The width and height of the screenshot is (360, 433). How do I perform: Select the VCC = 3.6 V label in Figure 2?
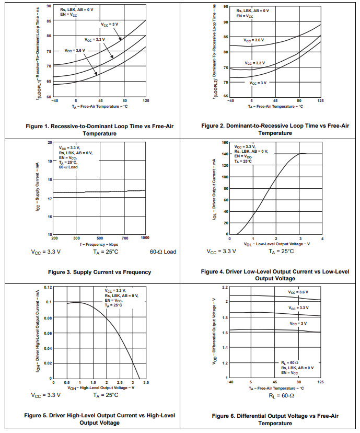pos(254,40)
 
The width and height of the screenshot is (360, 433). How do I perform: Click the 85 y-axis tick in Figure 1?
pos(49,21)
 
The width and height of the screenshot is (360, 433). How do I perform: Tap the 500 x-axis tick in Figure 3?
pos(100,238)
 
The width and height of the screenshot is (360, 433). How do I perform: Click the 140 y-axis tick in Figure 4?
pos(224,154)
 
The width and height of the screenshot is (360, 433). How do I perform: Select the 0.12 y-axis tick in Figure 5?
pos(47,287)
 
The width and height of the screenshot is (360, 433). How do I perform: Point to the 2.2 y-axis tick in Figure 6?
pos(225,288)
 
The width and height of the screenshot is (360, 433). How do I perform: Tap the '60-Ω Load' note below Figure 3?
pos(162,252)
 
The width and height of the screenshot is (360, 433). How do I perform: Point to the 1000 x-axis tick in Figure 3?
pos(145,238)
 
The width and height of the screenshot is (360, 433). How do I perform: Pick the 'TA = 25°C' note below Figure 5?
pos(106,395)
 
